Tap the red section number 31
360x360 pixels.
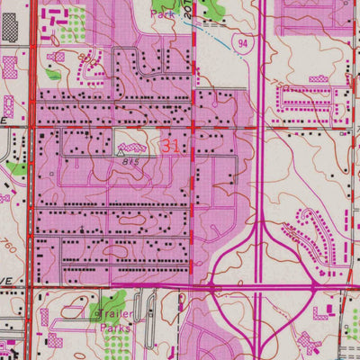(x=173, y=144)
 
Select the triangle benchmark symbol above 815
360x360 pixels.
(x=119, y=153)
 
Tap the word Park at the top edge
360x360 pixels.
(x=163, y=14)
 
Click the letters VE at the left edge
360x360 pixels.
(x=6, y=282)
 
